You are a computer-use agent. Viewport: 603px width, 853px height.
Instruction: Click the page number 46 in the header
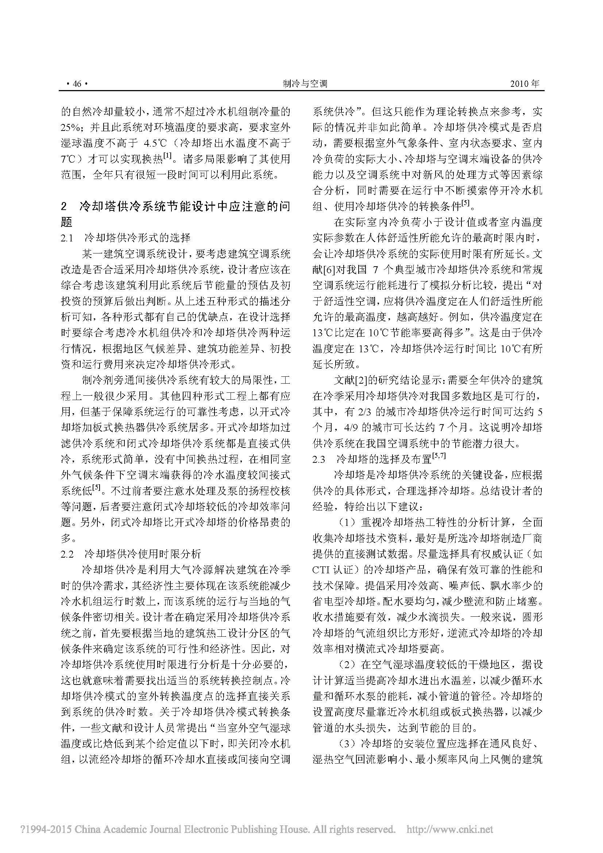tap(77, 84)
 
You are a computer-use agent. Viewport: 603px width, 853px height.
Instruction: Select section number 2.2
tap(67, 554)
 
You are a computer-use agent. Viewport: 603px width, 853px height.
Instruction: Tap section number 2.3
tap(319, 459)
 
